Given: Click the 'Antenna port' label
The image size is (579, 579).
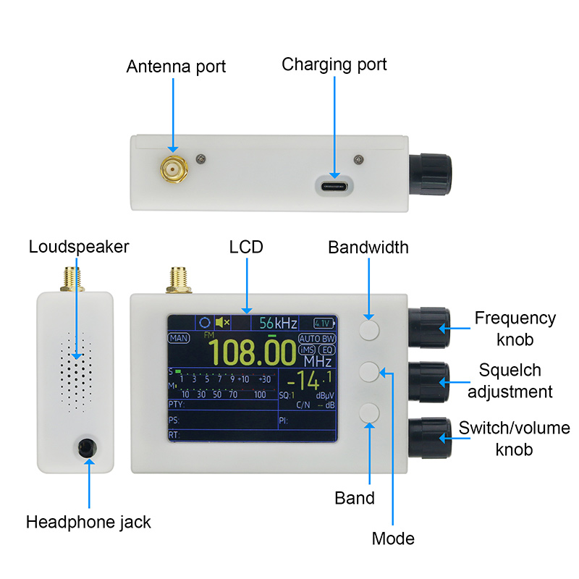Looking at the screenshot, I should pos(176,67).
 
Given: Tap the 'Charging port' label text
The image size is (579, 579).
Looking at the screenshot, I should pos(334,64).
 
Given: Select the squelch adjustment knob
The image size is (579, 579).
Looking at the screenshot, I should pos(428,379).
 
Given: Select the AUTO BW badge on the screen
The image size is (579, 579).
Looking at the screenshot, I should pos(318,339).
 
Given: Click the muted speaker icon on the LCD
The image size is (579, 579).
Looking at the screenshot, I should pos(223,322).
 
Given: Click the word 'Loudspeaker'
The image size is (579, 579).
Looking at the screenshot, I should pos(79,247).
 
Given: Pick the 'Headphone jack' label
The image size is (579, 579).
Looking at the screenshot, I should pos(88,522).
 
